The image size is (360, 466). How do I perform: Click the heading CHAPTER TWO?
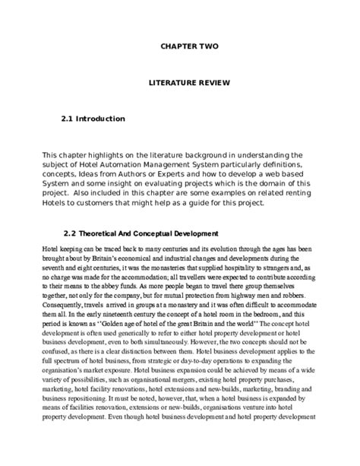(189, 46)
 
